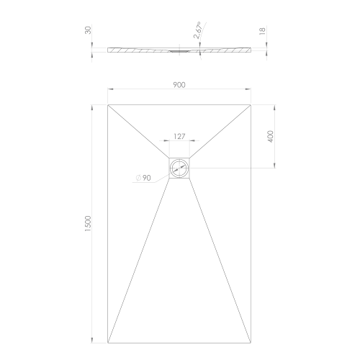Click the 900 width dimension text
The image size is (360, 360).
(x=179, y=84)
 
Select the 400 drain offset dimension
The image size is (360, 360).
(x=271, y=137)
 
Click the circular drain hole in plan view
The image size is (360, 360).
(x=180, y=168)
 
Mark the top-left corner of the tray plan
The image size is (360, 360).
(x=108, y=105)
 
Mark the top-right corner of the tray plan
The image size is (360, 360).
(x=252, y=105)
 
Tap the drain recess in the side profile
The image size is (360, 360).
(x=180, y=51)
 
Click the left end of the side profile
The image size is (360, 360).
(x=109, y=50)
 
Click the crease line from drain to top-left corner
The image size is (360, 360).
(x=139, y=132)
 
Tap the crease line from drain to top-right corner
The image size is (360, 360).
(x=221, y=132)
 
